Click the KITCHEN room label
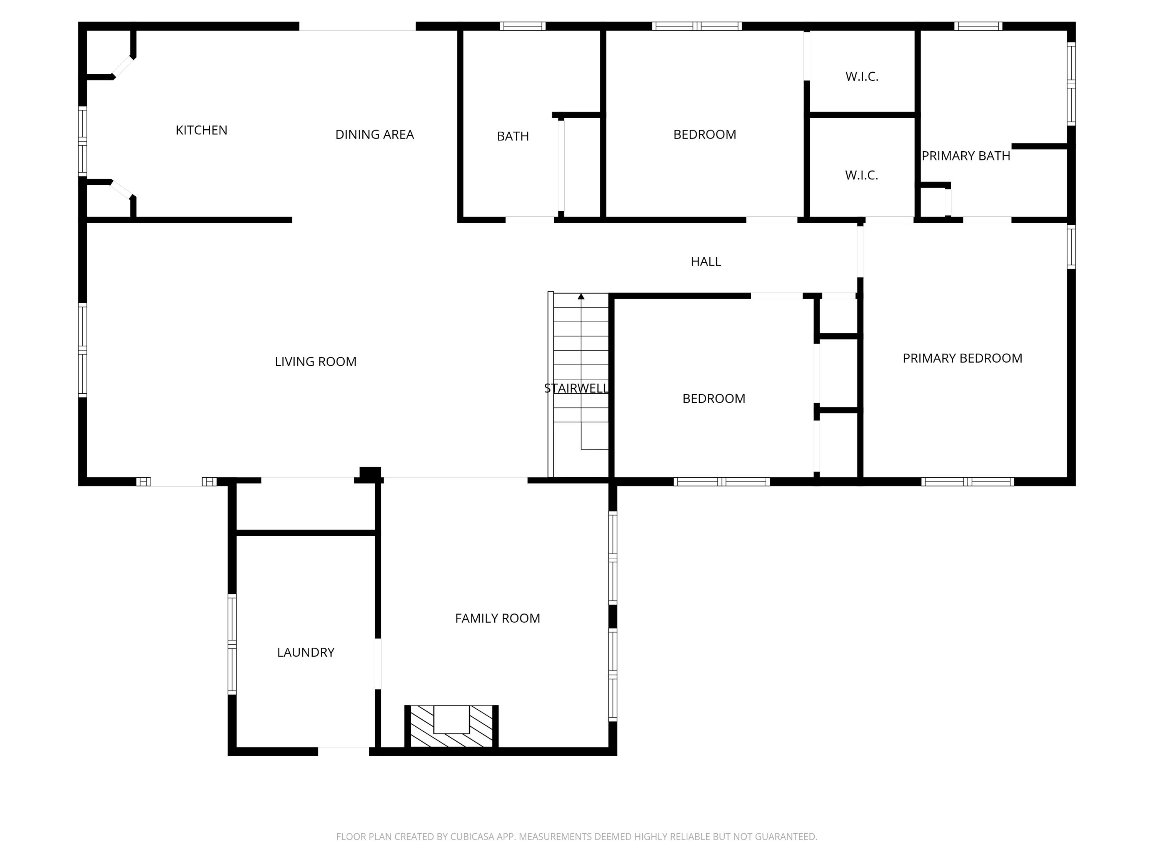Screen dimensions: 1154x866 pyautogui.click(x=202, y=130)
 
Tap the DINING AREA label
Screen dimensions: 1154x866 pyautogui.click(x=375, y=135)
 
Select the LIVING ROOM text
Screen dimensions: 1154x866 pyautogui.click(x=316, y=362)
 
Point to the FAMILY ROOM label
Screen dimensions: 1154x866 pyautogui.click(x=498, y=618)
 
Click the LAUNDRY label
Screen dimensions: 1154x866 pyautogui.click(x=306, y=652)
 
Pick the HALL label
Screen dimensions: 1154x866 pyautogui.click(x=706, y=261)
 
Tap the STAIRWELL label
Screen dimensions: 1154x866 pyautogui.click(x=576, y=388)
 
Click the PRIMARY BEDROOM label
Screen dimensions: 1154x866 pyautogui.click(x=962, y=358)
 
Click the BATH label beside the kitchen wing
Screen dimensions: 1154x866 pyautogui.click(x=513, y=136)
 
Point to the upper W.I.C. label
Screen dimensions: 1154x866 pyautogui.click(x=862, y=77)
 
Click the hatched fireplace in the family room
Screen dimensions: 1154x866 pyautogui.click(x=451, y=726)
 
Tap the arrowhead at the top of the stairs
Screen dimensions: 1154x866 pyautogui.click(x=581, y=296)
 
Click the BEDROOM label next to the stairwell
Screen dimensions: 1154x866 pyautogui.click(x=714, y=399)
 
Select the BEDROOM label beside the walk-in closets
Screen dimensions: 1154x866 pyautogui.click(x=705, y=135)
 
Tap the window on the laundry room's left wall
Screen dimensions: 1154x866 pyautogui.click(x=232, y=645)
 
